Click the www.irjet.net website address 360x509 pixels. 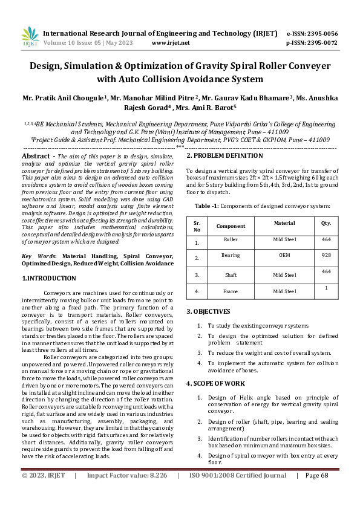coord(171,43)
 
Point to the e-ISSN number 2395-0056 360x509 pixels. coord(321,33)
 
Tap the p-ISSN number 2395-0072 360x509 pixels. coord(321,43)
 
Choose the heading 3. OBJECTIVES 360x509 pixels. coord(208,311)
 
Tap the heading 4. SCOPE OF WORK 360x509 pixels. coord(215,383)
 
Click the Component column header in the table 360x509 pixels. coord(231,225)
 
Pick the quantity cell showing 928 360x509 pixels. coord(326,258)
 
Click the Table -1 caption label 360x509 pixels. coord(206,206)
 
